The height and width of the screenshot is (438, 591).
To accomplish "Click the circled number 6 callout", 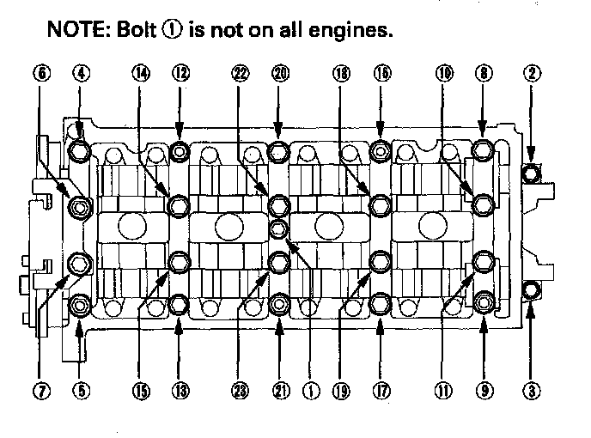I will tap(40, 75).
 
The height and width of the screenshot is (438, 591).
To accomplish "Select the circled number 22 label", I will tap(241, 75).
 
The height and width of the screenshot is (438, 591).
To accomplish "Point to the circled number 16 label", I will tap(381, 75).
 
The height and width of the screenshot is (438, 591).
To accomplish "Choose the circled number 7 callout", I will tap(40, 392).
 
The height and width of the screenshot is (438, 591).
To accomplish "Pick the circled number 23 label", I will tap(241, 392).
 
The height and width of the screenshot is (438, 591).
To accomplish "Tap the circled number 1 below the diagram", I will tap(311, 392).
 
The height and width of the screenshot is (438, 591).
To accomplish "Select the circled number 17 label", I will tap(381, 392).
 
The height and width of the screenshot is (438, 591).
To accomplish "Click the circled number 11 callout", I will tap(445, 392).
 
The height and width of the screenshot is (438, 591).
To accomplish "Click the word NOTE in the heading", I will tap(75, 31).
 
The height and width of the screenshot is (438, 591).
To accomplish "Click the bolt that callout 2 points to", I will tap(533, 174).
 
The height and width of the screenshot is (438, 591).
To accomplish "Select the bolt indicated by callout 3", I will tap(532, 289).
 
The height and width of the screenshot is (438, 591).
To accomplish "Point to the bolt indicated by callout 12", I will tap(180, 153).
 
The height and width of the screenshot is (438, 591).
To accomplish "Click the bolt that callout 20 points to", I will tap(279, 153).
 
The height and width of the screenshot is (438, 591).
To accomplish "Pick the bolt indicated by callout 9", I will tap(483, 301).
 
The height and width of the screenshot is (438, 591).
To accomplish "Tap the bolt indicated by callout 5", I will tap(80, 303).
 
